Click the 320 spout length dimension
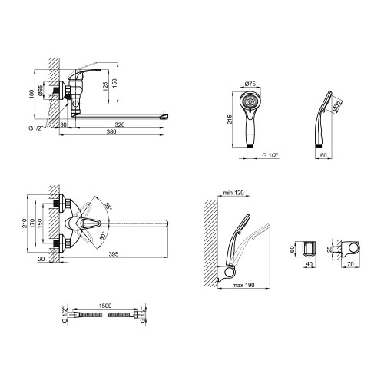pos(120,124)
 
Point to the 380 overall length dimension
pos(111,131)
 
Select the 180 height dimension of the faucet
pos(31,94)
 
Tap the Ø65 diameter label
pos(41,91)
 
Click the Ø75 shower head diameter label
pos(250,84)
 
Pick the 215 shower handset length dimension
pos(230,120)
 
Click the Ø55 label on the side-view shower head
pos(337,106)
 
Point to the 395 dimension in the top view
pos(114,254)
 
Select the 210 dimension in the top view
pos(25,223)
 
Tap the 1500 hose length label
pos(105,306)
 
